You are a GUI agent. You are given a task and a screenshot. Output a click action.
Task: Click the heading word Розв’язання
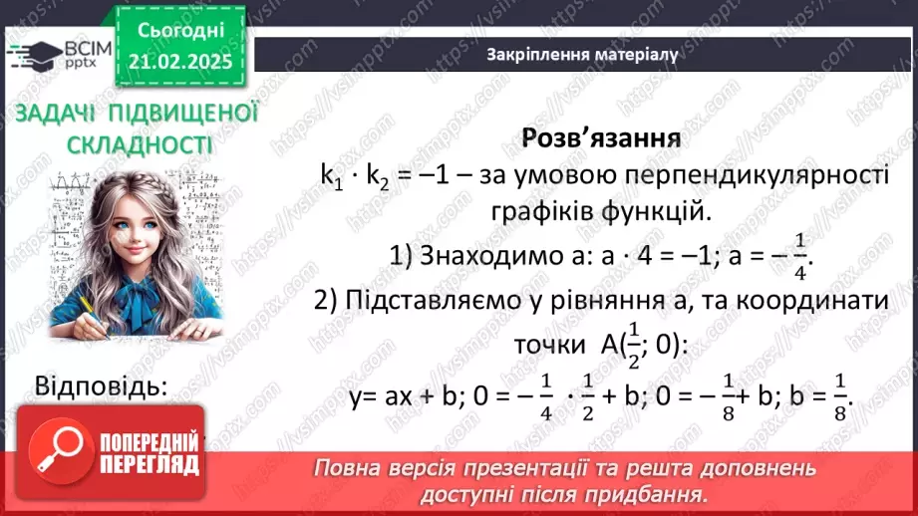(601, 137)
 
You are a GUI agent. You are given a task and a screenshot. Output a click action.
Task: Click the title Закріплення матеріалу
(583, 55)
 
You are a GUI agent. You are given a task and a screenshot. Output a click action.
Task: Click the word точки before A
(549, 345)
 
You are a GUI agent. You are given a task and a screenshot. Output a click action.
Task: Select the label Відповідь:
(101, 386)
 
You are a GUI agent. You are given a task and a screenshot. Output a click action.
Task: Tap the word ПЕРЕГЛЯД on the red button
(151, 464)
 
